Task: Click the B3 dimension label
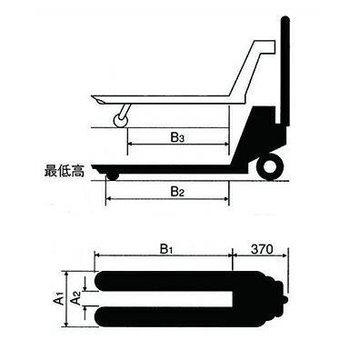pos(178,138)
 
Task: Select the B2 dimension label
pos(178,191)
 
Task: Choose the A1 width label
pos(57,297)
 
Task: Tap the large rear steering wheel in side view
pos(269,166)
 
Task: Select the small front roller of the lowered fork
pos(113,175)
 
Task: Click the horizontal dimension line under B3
pos(178,148)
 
